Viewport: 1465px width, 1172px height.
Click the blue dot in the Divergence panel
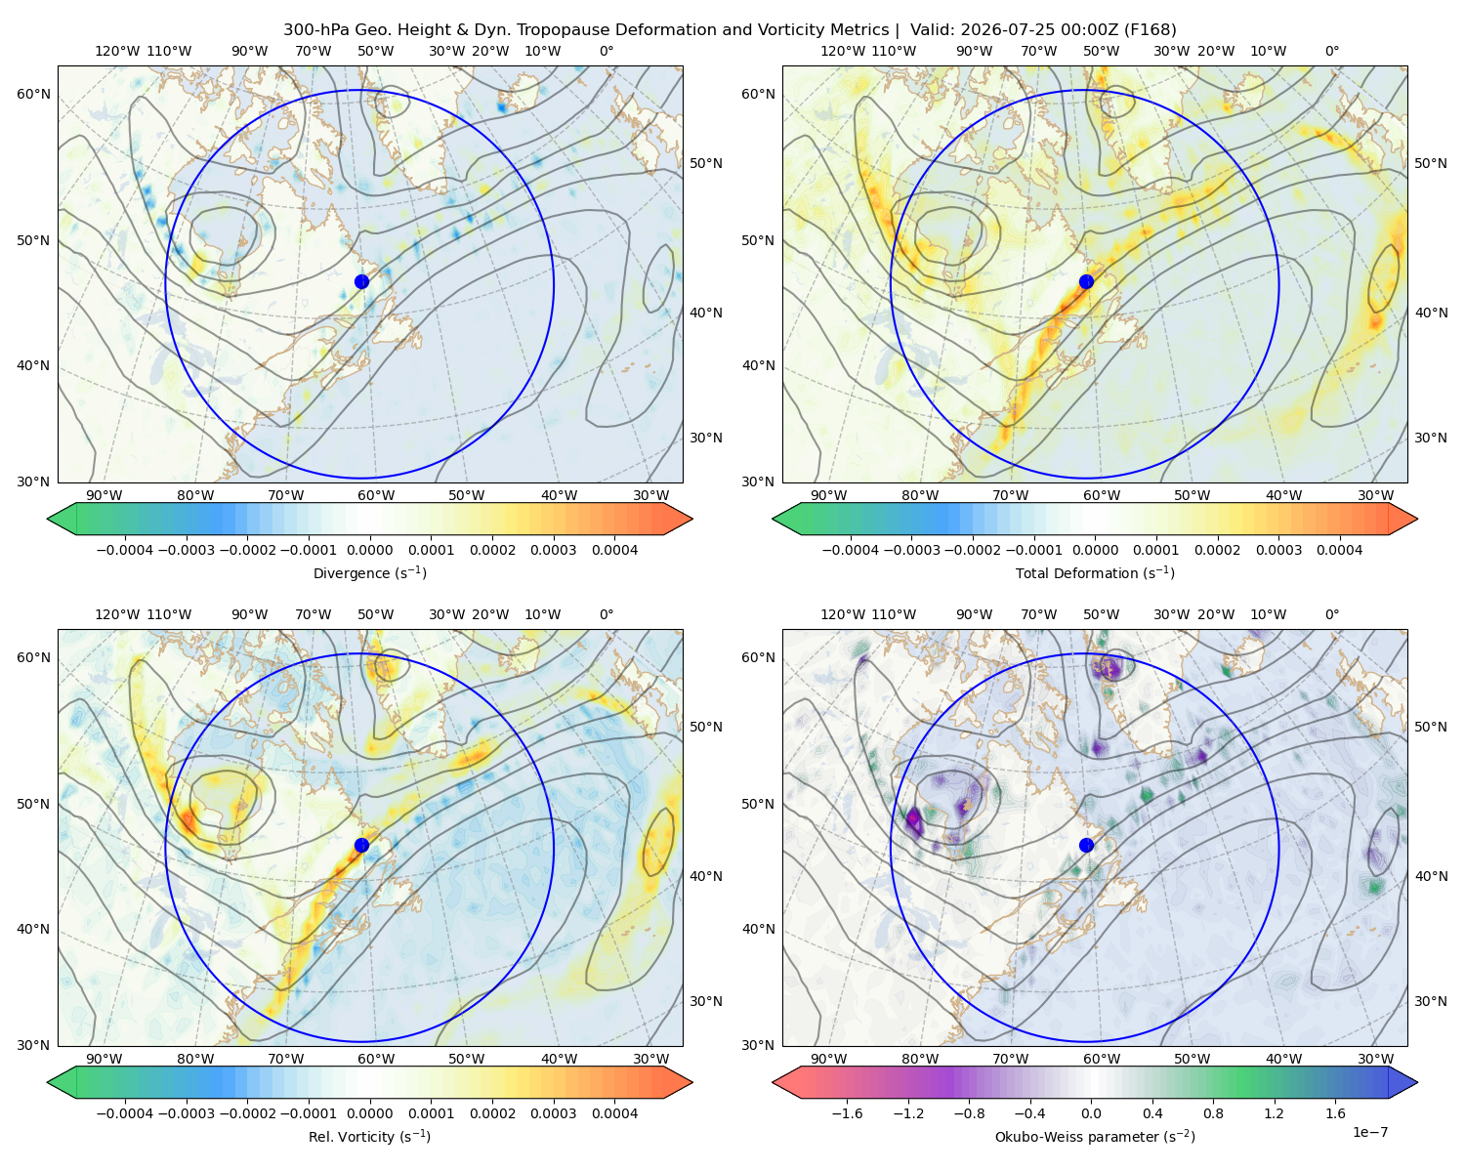click(x=361, y=281)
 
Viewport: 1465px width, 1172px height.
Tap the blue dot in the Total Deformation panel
click(x=1086, y=281)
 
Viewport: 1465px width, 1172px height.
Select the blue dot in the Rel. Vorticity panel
click(x=361, y=845)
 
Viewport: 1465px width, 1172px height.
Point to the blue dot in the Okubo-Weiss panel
click(x=1086, y=845)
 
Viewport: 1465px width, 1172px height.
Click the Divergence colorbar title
click(x=369, y=572)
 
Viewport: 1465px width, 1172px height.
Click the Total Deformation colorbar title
click(x=1095, y=572)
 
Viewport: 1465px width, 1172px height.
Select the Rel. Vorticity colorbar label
click(x=369, y=1136)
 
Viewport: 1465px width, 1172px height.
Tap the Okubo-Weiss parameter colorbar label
click(x=1095, y=1136)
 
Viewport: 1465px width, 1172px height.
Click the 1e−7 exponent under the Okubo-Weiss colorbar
click(x=1369, y=1132)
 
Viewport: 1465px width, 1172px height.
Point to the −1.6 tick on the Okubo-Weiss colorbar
click(x=847, y=1113)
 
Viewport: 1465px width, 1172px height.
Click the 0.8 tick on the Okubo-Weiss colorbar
click(x=1213, y=1113)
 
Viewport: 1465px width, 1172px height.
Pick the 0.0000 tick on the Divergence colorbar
click(x=369, y=550)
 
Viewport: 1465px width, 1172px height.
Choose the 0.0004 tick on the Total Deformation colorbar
click(x=1339, y=550)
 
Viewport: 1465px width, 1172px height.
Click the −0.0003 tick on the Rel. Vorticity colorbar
click(x=186, y=1113)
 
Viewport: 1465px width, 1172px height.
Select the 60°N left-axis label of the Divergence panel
click(x=33, y=94)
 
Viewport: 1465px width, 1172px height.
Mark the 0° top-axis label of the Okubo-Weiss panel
click(x=1331, y=614)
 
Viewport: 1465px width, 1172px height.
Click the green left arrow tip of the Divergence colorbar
click(x=48, y=519)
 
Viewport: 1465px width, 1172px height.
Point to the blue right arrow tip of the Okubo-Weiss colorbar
click(x=1417, y=1082)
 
